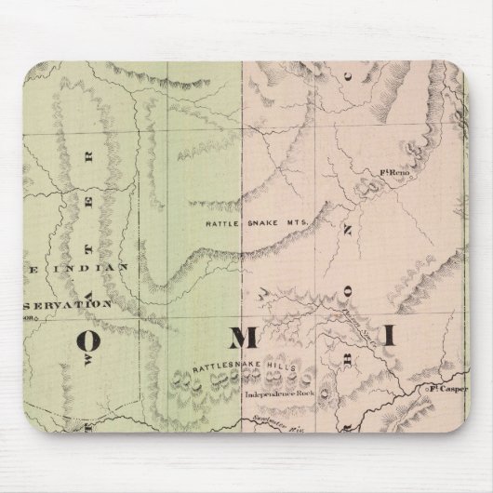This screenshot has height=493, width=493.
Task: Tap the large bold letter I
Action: [x=392, y=335]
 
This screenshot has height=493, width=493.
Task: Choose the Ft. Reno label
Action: [x=396, y=172]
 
